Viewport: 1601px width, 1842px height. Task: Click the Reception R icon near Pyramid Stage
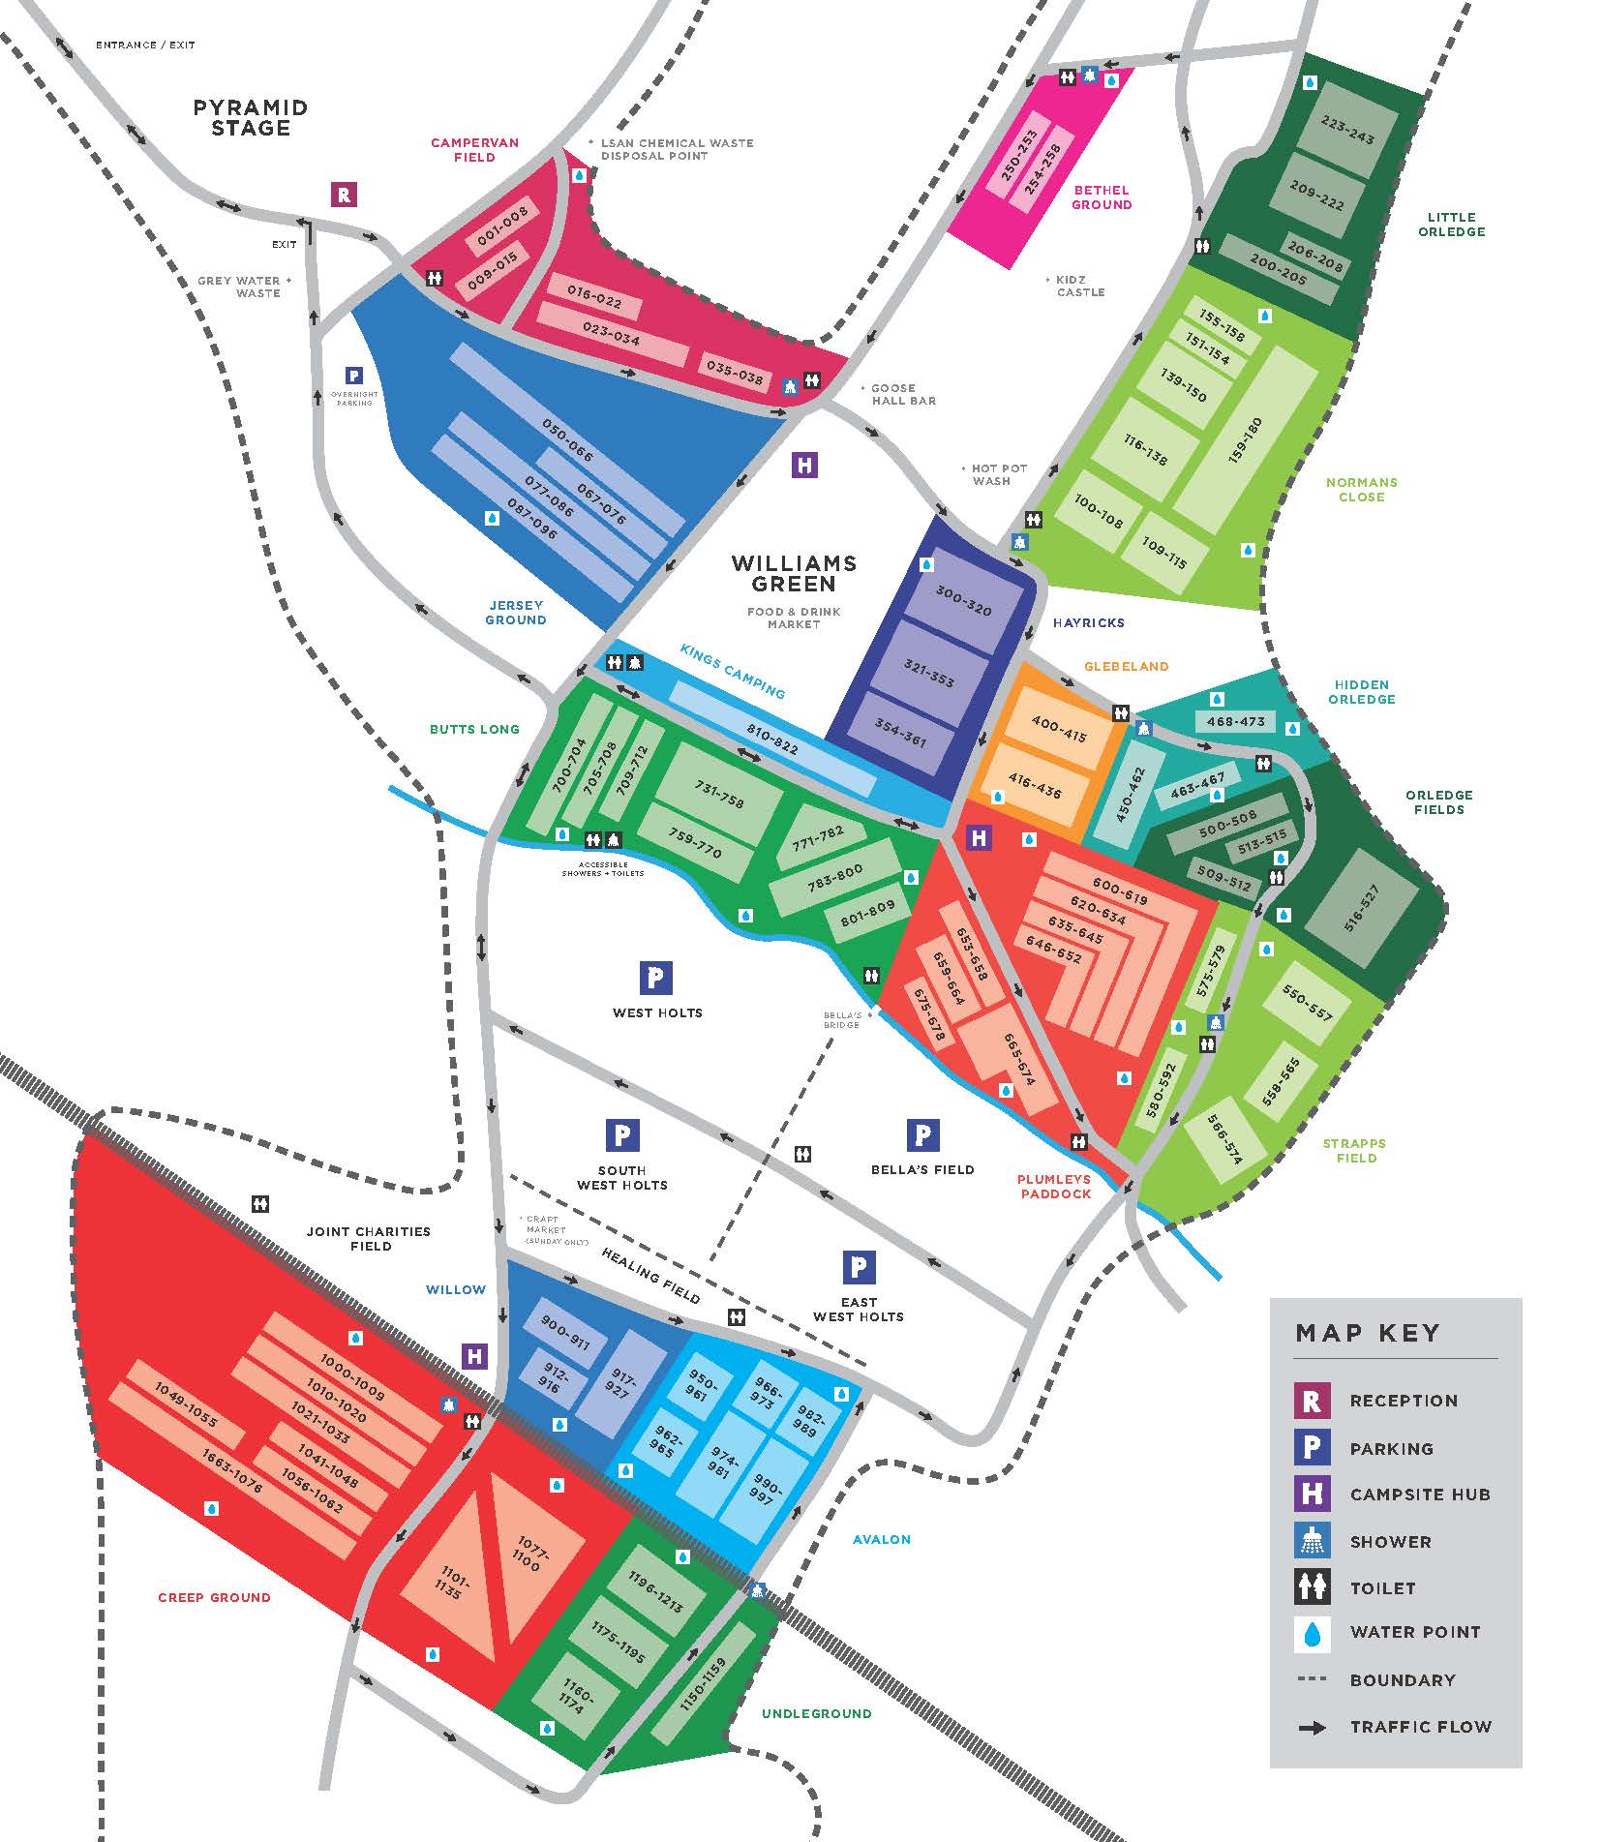(x=343, y=195)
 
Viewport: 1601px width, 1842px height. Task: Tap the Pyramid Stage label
(x=251, y=118)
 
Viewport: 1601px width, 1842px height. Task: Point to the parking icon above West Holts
(x=655, y=978)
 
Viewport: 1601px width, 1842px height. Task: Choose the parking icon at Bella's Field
(x=922, y=1135)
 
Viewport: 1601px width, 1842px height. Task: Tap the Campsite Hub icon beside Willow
(x=474, y=1356)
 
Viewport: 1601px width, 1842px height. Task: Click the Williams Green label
(x=794, y=573)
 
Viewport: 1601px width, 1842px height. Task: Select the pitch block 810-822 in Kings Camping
(x=772, y=740)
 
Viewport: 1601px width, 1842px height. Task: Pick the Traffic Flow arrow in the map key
(x=1312, y=1727)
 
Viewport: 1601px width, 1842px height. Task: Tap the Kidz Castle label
(x=1079, y=286)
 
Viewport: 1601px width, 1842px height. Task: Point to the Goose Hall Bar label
(x=902, y=394)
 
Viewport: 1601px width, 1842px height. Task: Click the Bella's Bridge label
(x=841, y=1019)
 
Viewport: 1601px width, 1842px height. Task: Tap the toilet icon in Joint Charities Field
(x=259, y=1204)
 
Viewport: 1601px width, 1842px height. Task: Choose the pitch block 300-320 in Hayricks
(x=963, y=602)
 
